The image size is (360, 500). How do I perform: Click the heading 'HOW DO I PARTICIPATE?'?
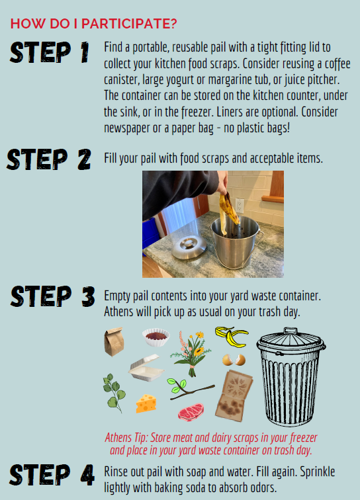pos(93,24)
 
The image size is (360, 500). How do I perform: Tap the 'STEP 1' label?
pos(50,52)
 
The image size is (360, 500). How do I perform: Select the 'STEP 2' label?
pos(49,159)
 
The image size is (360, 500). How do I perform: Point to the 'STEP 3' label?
pos(53,296)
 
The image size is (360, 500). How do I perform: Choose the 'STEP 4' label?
pos(52,475)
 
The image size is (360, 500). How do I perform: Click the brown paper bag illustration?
pos(114,341)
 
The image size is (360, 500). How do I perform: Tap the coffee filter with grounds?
pos(156,337)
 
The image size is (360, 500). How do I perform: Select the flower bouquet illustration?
pos(191,353)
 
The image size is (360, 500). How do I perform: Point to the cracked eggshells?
pos(234,360)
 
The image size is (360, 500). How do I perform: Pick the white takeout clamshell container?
pos(146,368)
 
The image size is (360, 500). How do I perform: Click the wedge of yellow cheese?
pos(146,403)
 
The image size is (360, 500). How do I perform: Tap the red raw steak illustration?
pos(191,412)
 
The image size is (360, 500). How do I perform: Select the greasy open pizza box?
pos(234,396)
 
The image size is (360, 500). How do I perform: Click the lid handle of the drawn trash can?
pos(290,331)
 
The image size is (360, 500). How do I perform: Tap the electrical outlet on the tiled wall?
pos(240,205)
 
